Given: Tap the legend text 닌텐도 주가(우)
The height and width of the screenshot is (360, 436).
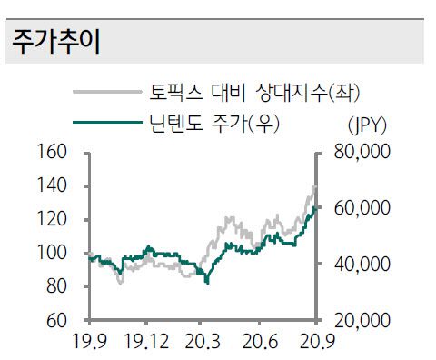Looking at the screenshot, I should (214, 122).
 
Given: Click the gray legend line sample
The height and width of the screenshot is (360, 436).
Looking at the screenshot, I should (107, 92).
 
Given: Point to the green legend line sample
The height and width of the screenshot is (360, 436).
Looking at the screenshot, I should (107, 122).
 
